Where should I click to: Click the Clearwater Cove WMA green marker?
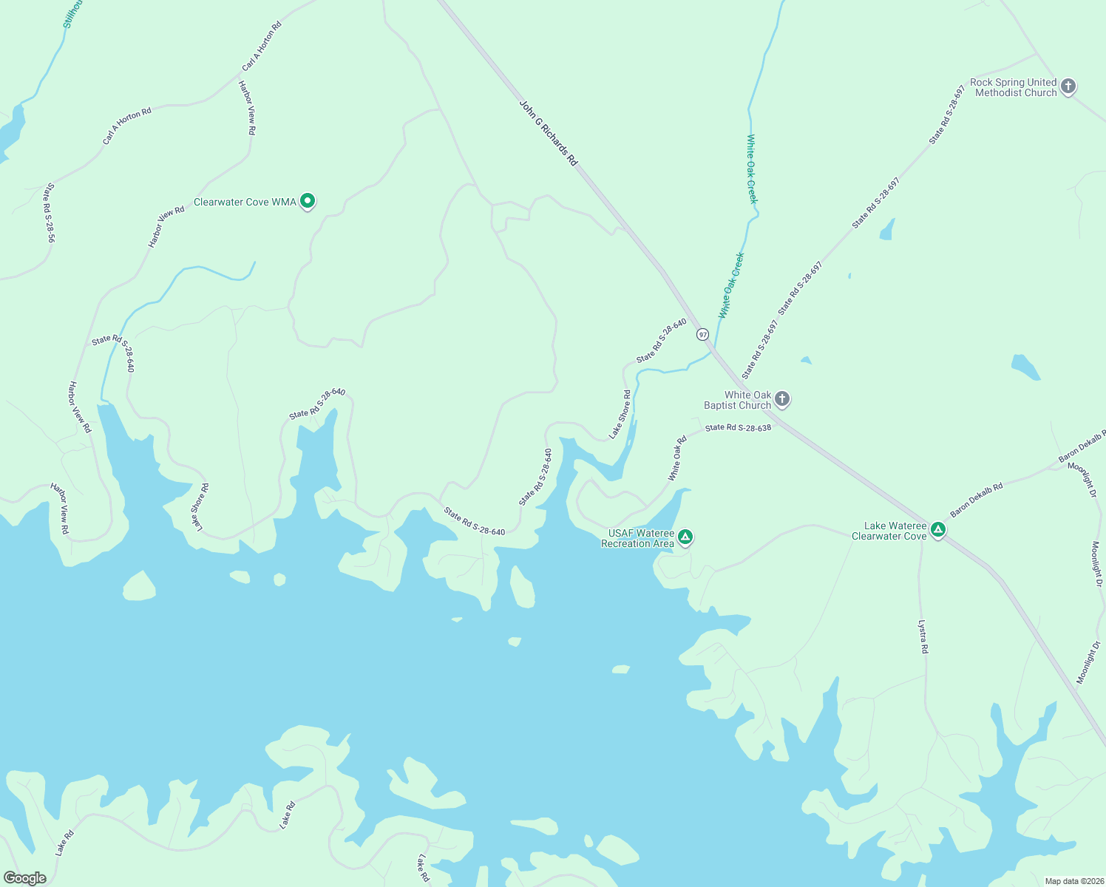308,200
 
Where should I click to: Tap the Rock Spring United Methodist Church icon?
1068,86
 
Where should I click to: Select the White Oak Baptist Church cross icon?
782,399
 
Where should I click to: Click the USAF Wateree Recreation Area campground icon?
685,537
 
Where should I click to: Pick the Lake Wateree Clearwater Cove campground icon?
937,529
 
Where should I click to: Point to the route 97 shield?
702,334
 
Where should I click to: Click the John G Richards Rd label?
548,133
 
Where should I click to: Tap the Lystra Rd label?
923,636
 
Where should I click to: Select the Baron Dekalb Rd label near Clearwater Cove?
976,500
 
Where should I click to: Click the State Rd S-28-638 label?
738,427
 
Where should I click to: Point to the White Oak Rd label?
677,458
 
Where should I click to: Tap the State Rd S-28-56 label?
50,213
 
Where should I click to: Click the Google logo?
25,878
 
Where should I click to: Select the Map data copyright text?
1073,881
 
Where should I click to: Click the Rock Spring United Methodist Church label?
1013,87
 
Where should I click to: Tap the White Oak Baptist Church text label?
737,400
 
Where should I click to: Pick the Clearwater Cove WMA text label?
245,202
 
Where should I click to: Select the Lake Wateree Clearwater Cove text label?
889,531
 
